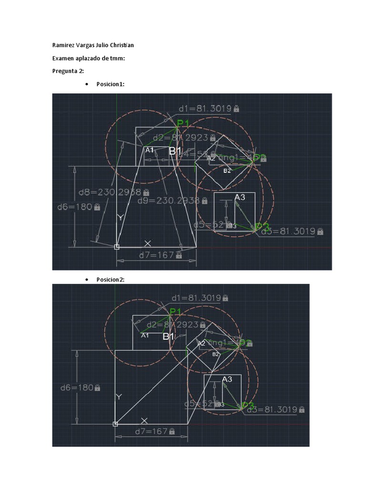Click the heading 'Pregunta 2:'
(68, 71)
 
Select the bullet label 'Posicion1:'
(110, 84)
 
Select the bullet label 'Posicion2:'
(110, 280)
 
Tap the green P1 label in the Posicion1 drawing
(183, 124)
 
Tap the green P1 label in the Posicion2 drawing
(176, 312)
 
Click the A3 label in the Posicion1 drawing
(240, 197)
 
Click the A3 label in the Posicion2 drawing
(227, 379)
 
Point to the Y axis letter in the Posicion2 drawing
(119, 396)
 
